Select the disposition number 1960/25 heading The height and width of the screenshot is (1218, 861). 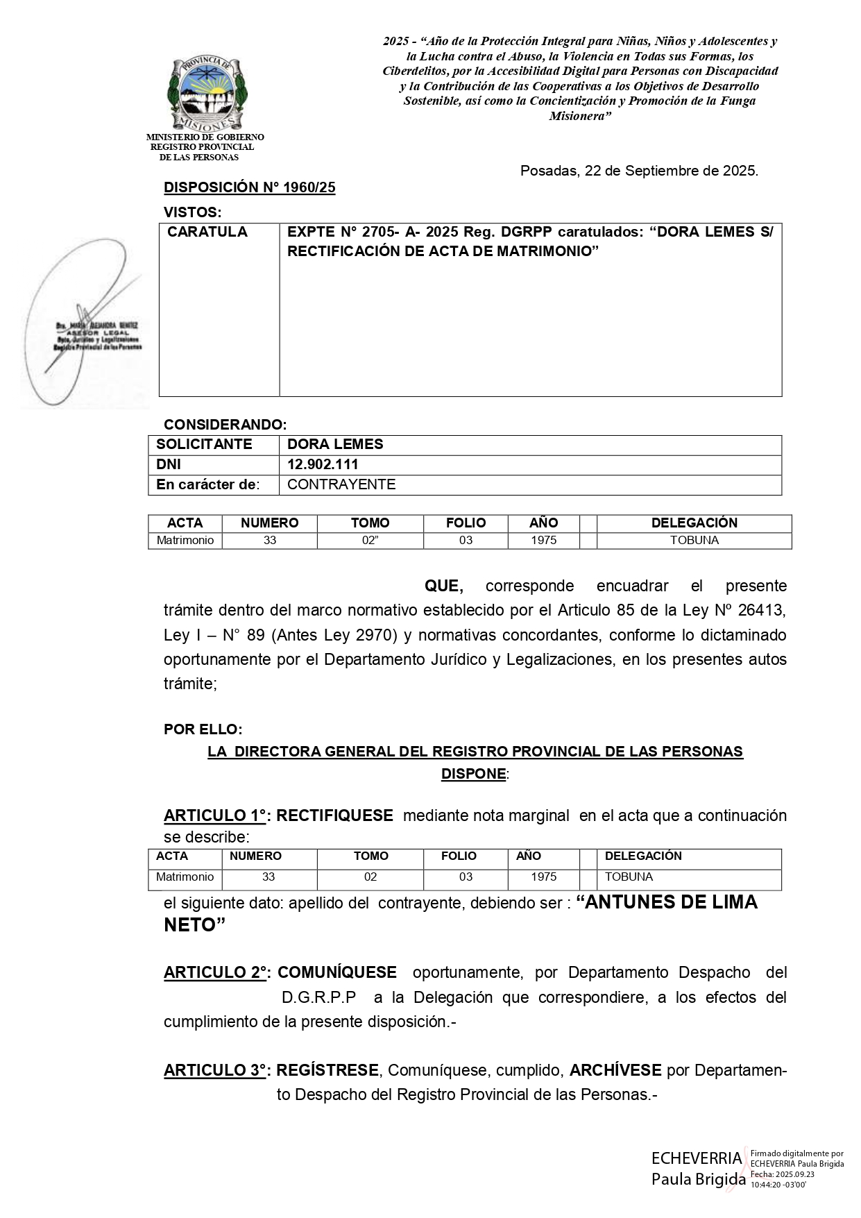click(x=249, y=187)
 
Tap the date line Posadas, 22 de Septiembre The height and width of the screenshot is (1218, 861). click(x=638, y=171)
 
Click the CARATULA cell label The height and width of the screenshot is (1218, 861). click(x=207, y=232)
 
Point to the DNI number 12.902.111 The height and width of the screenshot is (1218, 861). click(x=323, y=464)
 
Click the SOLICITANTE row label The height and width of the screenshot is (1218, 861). click(x=204, y=444)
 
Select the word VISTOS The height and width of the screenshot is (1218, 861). click(x=192, y=212)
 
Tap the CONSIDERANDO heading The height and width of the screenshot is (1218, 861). click(x=225, y=425)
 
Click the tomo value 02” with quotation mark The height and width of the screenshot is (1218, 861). click(x=370, y=540)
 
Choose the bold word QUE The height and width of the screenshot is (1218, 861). click(x=443, y=586)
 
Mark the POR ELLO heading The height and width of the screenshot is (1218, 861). click(x=203, y=729)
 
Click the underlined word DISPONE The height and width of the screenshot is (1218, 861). click(x=473, y=774)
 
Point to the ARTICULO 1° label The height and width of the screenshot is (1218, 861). click(x=216, y=815)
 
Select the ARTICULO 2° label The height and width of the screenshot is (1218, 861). click(x=216, y=973)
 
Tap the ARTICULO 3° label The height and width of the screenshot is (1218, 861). click(x=216, y=1070)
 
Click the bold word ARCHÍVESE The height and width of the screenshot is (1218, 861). click(x=615, y=1070)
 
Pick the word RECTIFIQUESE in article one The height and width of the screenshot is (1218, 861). click(x=334, y=815)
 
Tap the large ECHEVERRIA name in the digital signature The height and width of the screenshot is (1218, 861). click(x=696, y=1158)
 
